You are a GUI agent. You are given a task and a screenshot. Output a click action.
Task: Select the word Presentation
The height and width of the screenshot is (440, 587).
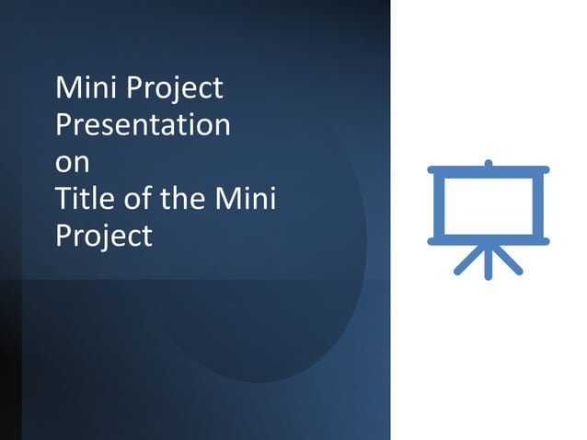pyautogui.click(x=143, y=125)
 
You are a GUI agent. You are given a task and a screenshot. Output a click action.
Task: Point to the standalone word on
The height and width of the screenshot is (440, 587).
pyautogui.click(x=73, y=162)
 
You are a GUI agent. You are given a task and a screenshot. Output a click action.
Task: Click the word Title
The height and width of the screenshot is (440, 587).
pyautogui.click(x=82, y=198)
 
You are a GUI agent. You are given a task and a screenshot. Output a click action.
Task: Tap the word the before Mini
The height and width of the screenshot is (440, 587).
pyautogui.click(x=181, y=198)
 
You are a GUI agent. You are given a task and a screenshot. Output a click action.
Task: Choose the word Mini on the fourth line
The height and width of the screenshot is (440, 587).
pyautogui.click(x=246, y=198)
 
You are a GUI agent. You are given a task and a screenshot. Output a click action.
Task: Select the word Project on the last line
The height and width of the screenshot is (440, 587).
pyautogui.click(x=103, y=236)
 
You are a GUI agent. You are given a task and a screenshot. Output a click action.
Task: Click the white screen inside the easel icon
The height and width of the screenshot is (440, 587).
pyautogui.click(x=488, y=205)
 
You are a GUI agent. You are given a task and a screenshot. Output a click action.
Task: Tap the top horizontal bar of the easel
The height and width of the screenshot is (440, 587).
pyautogui.click(x=488, y=170)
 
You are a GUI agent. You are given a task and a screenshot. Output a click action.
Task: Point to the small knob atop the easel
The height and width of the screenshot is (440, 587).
pyautogui.click(x=489, y=163)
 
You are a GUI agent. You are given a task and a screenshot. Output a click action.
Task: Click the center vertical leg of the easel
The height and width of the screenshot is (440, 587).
pyautogui.click(x=489, y=261)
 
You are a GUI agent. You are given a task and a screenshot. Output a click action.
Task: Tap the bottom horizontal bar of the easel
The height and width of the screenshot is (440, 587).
pyautogui.click(x=488, y=241)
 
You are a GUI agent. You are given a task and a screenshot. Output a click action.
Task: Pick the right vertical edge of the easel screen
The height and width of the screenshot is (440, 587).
pyautogui.click(x=537, y=205)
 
